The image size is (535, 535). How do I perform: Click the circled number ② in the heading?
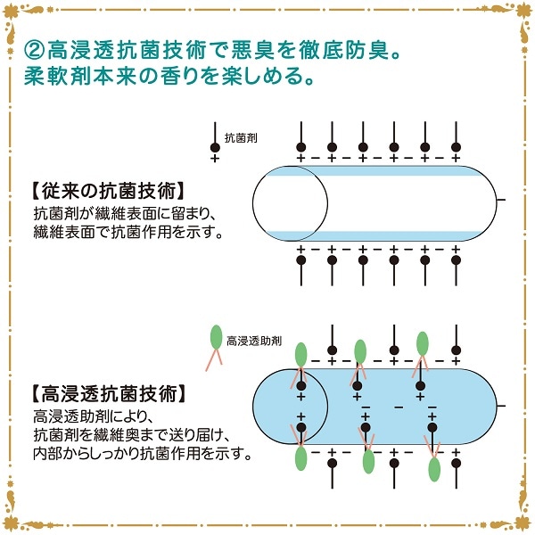(35, 45)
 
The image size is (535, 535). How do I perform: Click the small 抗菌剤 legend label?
(240, 138)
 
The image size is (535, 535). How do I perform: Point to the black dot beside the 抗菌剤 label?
(214, 147)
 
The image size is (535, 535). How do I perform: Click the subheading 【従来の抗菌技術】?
(106, 190)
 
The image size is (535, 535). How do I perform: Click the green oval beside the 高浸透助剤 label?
(215, 338)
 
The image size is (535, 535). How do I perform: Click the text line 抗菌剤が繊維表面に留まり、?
(119, 213)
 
